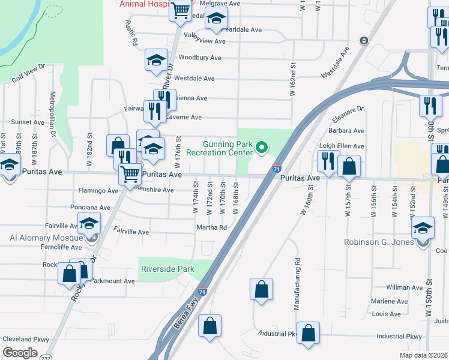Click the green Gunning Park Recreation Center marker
tap(261, 147)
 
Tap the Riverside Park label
tap(167, 269)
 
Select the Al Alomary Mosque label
tap(46, 238)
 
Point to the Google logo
tap(20, 353)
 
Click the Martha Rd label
tap(211, 227)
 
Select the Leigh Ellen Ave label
tap(342, 146)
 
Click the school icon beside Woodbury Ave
tap(156, 60)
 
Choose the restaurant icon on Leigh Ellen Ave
tap(328, 160)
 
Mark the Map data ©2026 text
tap(423, 355)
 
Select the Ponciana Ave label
tap(90, 208)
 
